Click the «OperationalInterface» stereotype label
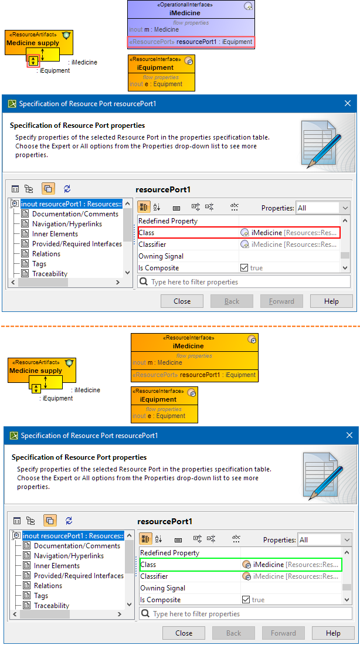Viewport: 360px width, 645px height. click(185, 5)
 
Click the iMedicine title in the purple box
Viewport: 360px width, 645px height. click(185, 13)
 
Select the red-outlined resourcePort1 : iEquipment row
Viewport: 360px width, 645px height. click(191, 42)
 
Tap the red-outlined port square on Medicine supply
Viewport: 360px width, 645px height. click(33, 62)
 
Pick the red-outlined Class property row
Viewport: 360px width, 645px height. click(239, 233)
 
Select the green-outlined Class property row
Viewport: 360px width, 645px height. click(240, 565)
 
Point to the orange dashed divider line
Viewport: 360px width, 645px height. click(180, 326)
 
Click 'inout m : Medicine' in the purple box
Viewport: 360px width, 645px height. click(154, 30)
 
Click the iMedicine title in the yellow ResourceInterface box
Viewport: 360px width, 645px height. click(188, 346)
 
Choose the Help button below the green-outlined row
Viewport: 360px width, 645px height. click(333, 633)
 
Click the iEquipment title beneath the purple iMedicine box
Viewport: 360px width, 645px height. click(155, 67)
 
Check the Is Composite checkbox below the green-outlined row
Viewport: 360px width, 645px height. click(246, 600)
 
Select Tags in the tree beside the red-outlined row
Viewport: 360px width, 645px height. click(39, 264)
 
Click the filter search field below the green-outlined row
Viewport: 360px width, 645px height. click(245, 614)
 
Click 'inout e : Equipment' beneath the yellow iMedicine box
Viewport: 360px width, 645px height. click(159, 416)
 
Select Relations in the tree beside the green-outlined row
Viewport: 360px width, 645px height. click(48, 586)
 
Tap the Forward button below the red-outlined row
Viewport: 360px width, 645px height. click(282, 301)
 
